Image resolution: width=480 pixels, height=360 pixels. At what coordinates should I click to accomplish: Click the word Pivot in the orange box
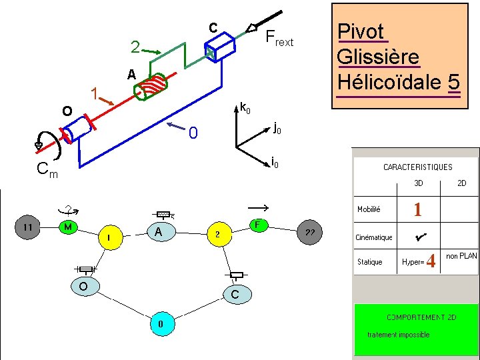coord(361,31)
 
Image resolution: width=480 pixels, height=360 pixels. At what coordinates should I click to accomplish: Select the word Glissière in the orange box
coord(379,57)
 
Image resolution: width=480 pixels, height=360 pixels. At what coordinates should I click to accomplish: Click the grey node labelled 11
coord(29,227)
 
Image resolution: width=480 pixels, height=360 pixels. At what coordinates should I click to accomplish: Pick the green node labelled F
coord(257,225)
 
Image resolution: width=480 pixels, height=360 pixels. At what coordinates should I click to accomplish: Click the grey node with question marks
coord(310,232)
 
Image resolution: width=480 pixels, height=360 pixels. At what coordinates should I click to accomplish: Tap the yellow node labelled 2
coord(218,234)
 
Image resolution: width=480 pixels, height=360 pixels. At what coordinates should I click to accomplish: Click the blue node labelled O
coord(83,286)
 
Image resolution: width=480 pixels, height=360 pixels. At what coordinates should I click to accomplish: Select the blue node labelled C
coord(235,293)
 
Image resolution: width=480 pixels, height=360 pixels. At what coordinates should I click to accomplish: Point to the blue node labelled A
coord(158,232)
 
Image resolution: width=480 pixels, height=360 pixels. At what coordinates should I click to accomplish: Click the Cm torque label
coord(47,171)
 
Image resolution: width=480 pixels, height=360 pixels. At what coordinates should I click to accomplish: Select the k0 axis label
coord(245,107)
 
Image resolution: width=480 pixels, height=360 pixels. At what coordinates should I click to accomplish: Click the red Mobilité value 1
coord(417,210)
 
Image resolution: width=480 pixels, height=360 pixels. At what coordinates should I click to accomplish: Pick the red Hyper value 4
coord(431,261)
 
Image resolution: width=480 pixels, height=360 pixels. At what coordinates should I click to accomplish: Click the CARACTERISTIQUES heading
coord(417,167)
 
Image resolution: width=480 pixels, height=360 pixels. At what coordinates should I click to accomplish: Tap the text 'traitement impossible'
coord(398,335)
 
